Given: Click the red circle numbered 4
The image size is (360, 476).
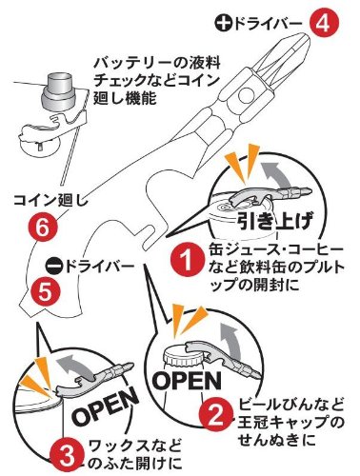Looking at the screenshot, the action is point(324,24).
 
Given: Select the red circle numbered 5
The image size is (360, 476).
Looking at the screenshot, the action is point(45,292).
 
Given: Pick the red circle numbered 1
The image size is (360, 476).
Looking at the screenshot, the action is point(187,262).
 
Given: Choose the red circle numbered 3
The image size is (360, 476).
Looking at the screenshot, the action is point(67,457).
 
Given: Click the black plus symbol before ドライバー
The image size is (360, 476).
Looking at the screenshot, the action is point(224,25).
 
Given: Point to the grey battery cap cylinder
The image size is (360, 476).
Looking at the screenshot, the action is point(58,90).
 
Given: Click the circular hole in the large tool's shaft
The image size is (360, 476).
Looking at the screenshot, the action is point(248,96).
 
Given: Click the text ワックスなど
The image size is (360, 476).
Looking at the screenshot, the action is point(135,446).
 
